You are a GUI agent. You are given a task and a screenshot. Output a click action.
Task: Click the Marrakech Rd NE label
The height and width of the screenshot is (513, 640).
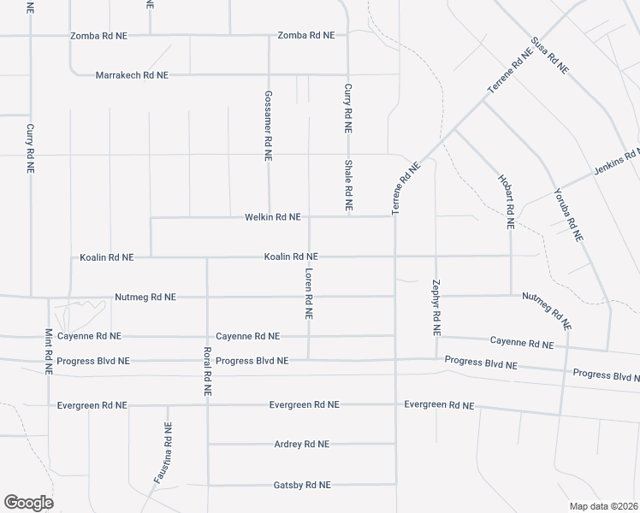point(132,75)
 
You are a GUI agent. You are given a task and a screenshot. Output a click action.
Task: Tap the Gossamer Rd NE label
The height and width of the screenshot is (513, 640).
point(269,126)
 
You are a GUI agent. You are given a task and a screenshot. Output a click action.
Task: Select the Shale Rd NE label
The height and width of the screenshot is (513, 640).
point(348,186)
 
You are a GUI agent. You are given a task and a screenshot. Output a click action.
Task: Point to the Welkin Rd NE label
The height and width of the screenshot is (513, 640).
point(272,217)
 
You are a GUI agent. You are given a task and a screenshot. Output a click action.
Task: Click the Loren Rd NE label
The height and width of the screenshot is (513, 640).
point(309,292)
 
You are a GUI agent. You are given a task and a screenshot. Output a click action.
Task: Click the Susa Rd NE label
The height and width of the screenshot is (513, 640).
point(549,56)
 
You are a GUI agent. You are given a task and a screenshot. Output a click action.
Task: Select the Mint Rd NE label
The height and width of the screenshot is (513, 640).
point(49,351)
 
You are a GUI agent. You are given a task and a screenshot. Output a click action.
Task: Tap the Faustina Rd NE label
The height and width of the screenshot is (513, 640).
point(163,453)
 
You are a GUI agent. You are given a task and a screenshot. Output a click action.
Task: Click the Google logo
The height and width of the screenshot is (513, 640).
point(27,503)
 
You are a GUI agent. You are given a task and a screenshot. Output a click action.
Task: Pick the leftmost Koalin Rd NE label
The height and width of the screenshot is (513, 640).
point(107,256)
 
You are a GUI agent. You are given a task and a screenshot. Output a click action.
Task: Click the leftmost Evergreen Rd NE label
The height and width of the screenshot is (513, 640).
point(92,404)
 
